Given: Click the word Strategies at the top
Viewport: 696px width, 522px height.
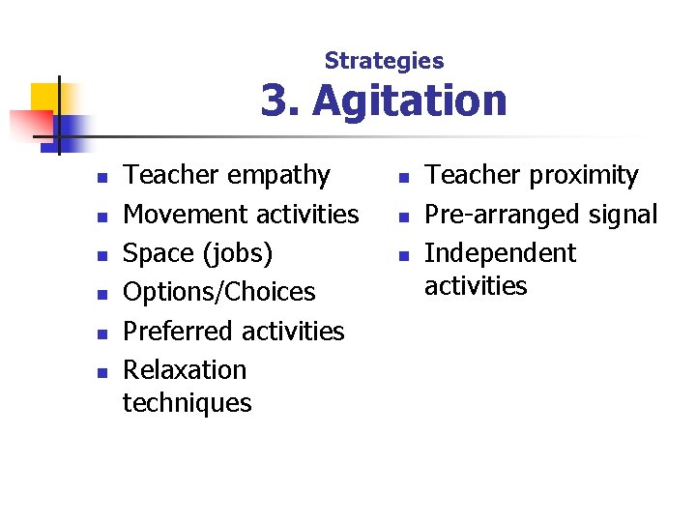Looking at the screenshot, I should pyautogui.click(x=384, y=61).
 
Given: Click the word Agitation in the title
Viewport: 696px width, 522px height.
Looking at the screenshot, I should pyautogui.click(x=409, y=101).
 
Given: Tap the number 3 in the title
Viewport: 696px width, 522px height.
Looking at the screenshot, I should pyautogui.click(x=275, y=101).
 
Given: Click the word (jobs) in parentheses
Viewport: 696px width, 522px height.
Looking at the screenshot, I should pyautogui.click(x=237, y=254).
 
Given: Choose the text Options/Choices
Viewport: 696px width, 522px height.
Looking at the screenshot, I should pyautogui.click(x=219, y=292).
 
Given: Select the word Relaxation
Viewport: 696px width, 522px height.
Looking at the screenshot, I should pyautogui.click(x=185, y=369).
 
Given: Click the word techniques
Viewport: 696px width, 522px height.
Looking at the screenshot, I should pyautogui.click(x=187, y=402).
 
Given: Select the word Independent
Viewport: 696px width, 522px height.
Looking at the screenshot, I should pyautogui.click(x=500, y=253).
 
